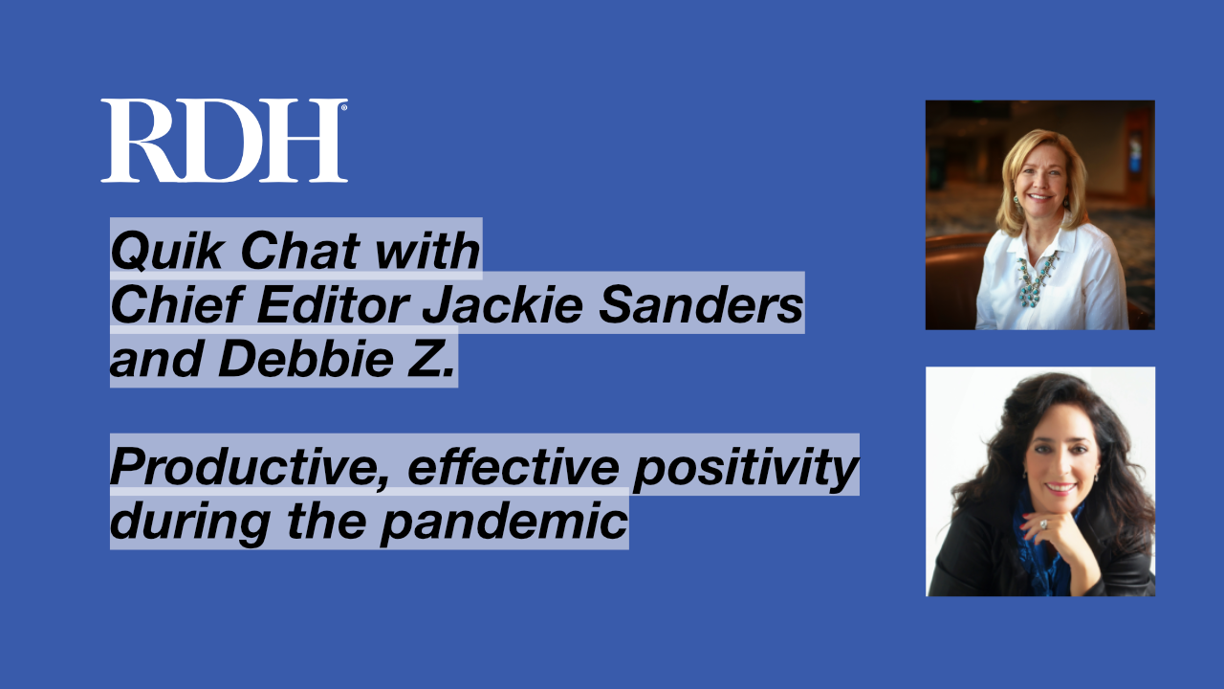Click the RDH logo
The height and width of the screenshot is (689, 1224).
(223, 141)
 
